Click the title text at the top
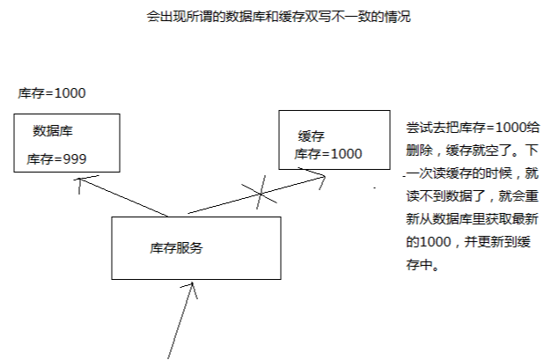click(x=279, y=17)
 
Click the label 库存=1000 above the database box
click(x=52, y=93)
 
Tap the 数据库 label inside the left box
click(x=53, y=131)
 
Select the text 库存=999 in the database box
click(x=56, y=159)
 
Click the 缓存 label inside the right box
click(x=312, y=136)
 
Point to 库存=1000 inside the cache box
click(x=328, y=154)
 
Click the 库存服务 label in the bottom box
click(x=176, y=248)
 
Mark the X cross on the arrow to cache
click(x=261, y=193)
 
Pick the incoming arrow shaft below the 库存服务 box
click(x=180, y=320)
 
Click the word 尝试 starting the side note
click(x=419, y=128)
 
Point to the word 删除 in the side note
click(x=419, y=151)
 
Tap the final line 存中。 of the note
click(x=423, y=265)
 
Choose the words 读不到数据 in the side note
click(x=439, y=196)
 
